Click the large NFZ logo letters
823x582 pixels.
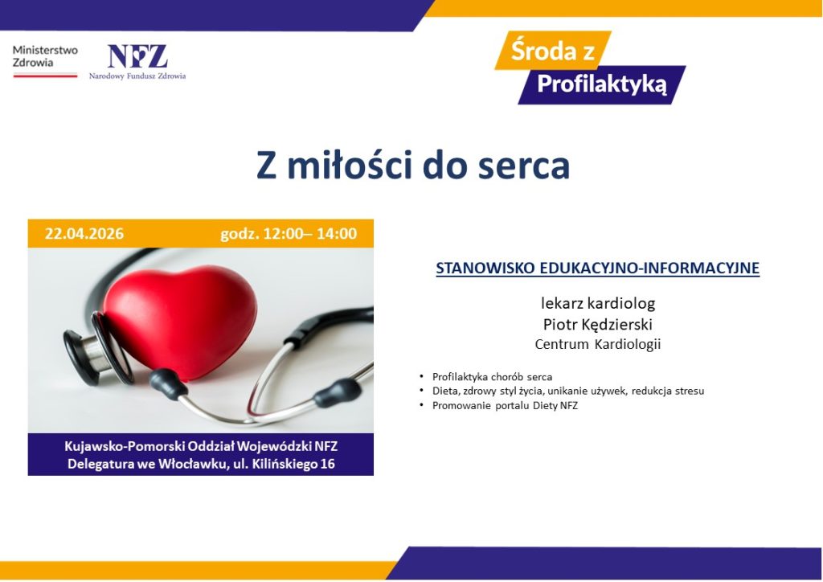pyautogui.click(x=137, y=56)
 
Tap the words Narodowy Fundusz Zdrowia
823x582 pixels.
pyautogui.click(x=137, y=76)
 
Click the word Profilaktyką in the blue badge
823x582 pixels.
pyautogui.click(x=602, y=84)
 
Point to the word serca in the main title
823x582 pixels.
pyautogui.click(x=522, y=165)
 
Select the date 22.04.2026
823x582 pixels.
pyautogui.click(x=84, y=234)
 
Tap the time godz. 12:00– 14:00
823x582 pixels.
pyautogui.click(x=289, y=234)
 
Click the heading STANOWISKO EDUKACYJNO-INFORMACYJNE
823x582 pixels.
pyautogui.click(x=597, y=268)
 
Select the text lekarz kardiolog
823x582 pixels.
pyautogui.click(x=598, y=304)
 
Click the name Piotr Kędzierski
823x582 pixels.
pyautogui.click(x=598, y=324)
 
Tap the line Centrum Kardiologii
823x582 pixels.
pyautogui.click(x=598, y=344)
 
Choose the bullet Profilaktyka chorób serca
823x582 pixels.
pyautogui.click(x=492, y=376)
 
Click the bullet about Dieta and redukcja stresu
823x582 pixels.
pyautogui.click(x=567, y=391)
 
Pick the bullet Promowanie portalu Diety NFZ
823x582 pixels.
pyautogui.click(x=505, y=405)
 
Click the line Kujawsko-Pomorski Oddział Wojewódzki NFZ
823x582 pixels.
pyautogui.click(x=200, y=446)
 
